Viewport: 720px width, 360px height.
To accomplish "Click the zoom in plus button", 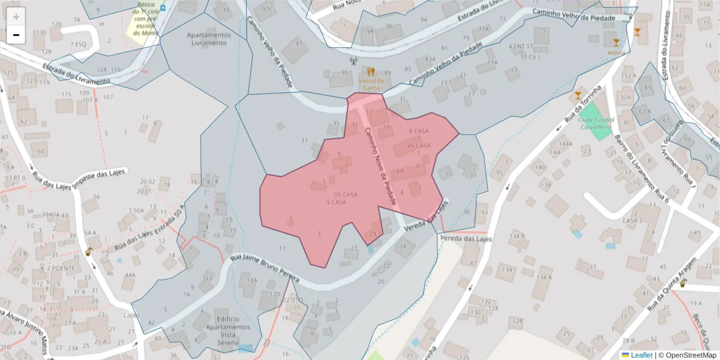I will pos(16,16).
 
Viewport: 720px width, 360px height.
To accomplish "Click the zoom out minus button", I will pos(16,35).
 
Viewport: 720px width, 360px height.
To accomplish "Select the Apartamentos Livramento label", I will pos(208,39).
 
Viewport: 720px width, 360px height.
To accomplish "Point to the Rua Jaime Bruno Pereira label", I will pos(266,267).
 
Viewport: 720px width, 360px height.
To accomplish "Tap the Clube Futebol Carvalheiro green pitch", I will pos(593,122).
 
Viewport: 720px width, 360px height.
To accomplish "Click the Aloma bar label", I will pos(616,53).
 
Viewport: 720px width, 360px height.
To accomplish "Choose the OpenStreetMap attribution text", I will pos(688,355).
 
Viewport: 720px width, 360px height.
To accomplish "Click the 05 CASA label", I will pos(346,195).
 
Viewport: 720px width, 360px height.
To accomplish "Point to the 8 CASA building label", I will pos(418,131).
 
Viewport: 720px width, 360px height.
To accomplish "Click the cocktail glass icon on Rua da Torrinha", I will pos(578,95).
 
